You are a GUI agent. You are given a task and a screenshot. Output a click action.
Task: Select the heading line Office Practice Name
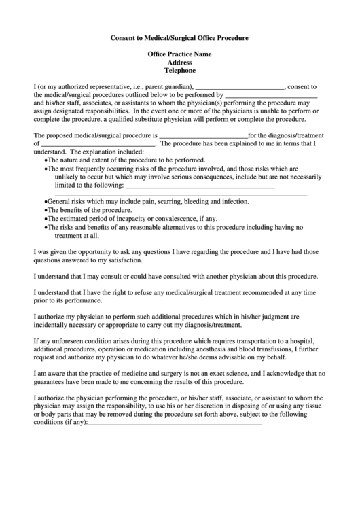coord(180,54)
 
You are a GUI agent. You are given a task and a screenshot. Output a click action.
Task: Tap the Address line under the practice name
coord(180,62)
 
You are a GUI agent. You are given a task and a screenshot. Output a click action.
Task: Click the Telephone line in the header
coord(180,70)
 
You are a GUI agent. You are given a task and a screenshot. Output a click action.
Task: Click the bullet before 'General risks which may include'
coord(46,202)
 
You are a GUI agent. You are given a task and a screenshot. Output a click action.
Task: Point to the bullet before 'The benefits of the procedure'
coord(46,210)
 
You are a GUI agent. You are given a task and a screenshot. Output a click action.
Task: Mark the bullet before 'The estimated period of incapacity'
coord(46,218)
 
